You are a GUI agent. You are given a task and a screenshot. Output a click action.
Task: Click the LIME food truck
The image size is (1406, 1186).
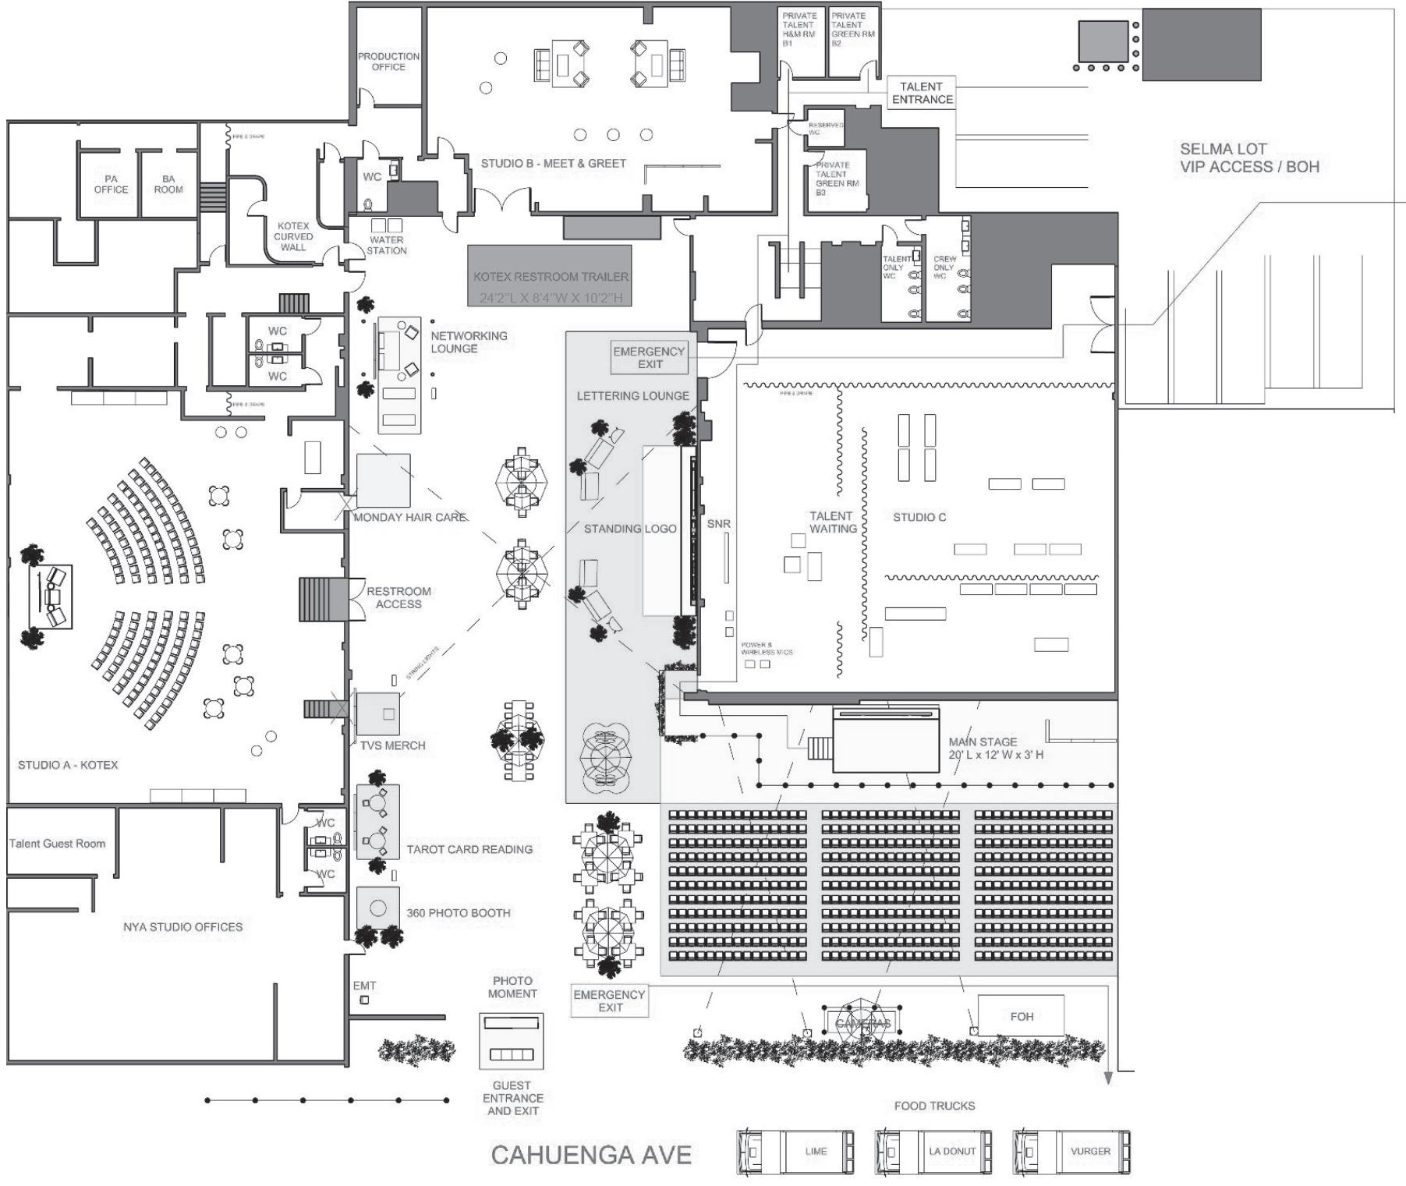coord(795,1152)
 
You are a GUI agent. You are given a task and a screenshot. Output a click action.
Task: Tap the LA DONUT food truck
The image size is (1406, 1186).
coord(933,1152)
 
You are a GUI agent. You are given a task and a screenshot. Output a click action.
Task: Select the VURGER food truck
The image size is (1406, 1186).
coord(1071,1152)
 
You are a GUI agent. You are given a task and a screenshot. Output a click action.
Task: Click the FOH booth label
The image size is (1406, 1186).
coord(1022,1016)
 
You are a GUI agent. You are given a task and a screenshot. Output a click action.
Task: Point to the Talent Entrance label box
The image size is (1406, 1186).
coord(923,93)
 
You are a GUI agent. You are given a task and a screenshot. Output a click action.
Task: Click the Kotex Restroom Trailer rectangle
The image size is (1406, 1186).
coord(550,276)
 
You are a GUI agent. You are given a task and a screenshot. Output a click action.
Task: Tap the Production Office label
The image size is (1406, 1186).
coord(388,62)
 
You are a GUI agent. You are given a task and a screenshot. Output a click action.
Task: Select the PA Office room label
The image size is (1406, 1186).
coord(111,184)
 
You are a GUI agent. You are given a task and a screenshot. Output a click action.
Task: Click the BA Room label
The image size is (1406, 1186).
coord(168,184)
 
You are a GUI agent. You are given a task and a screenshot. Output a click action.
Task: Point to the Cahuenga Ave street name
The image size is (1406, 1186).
coord(591,1155)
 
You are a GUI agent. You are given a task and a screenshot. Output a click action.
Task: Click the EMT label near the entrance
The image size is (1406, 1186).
coord(364,986)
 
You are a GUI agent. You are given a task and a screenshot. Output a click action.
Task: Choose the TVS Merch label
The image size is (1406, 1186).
coord(393,745)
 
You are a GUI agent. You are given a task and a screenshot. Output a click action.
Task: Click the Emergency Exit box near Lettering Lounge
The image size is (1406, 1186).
coord(649,357)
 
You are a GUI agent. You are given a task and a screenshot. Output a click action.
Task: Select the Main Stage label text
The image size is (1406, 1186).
coord(983,742)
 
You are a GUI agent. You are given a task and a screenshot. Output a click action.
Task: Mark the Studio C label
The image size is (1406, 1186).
coord(919,517)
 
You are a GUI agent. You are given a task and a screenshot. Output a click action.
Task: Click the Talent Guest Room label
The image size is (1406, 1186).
coord(57,843)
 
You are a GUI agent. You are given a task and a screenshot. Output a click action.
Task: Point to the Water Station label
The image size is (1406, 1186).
coord(387,246)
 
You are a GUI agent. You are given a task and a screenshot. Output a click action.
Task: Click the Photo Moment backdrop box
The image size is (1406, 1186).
coord(512,1041)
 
